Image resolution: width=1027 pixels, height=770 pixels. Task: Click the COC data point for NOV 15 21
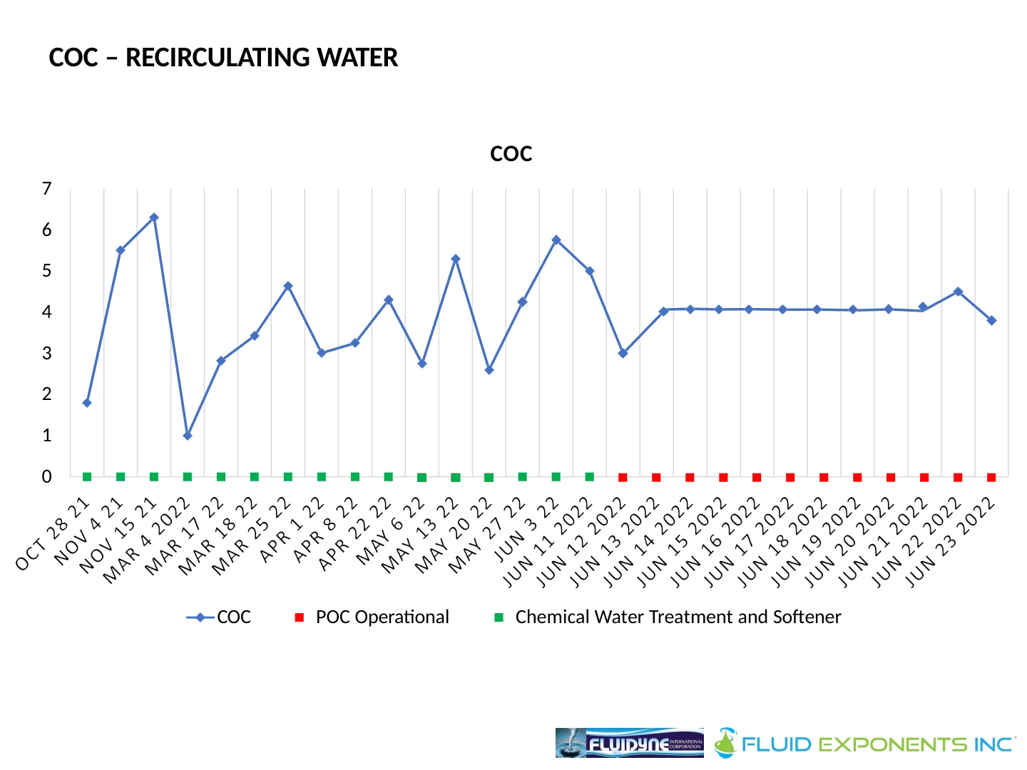coord(154,217)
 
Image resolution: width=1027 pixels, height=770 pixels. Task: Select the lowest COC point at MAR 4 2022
coord(188,435)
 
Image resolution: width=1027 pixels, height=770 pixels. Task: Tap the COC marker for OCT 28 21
coord(87,403)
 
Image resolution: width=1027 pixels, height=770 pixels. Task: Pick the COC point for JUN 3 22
coord(556,240)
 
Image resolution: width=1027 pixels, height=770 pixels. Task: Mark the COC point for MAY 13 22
coord(456,259)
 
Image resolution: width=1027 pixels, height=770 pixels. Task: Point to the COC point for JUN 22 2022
coord(958,292)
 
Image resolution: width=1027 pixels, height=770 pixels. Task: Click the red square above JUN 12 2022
coord(623,478)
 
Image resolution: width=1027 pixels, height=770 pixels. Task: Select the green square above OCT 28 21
coord(87,477)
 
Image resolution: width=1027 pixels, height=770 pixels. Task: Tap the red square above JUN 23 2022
coord(991,478)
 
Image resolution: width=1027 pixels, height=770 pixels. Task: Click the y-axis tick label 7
coord(47,189)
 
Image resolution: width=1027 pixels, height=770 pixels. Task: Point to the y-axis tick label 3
coord(47,354)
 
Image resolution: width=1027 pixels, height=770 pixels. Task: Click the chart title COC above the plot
coord(511,154)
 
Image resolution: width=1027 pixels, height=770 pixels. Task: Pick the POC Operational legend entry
coord(382,617)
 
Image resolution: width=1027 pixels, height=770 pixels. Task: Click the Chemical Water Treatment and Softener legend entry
coord(678,617)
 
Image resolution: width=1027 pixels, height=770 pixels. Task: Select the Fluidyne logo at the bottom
coord(629,743)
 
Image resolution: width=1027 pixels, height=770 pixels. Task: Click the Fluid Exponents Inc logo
coord(864,744)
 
